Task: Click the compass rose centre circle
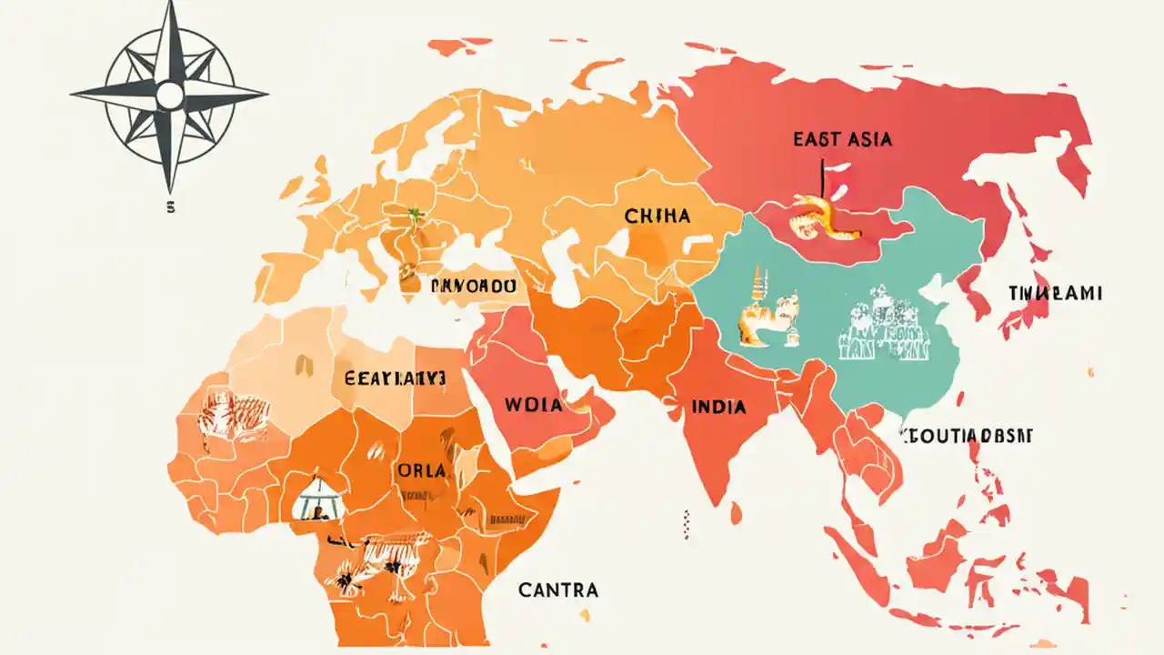coord(169,95)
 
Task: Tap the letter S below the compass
coord(170,207)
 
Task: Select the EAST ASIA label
coord(842,139)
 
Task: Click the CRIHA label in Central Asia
coord(657,217)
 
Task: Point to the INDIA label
coord(718,407)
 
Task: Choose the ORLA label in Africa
coord(421,470)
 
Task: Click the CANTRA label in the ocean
coord(558,589)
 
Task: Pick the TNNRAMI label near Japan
coord(1055,293)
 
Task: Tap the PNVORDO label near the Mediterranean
coord(472,285)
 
